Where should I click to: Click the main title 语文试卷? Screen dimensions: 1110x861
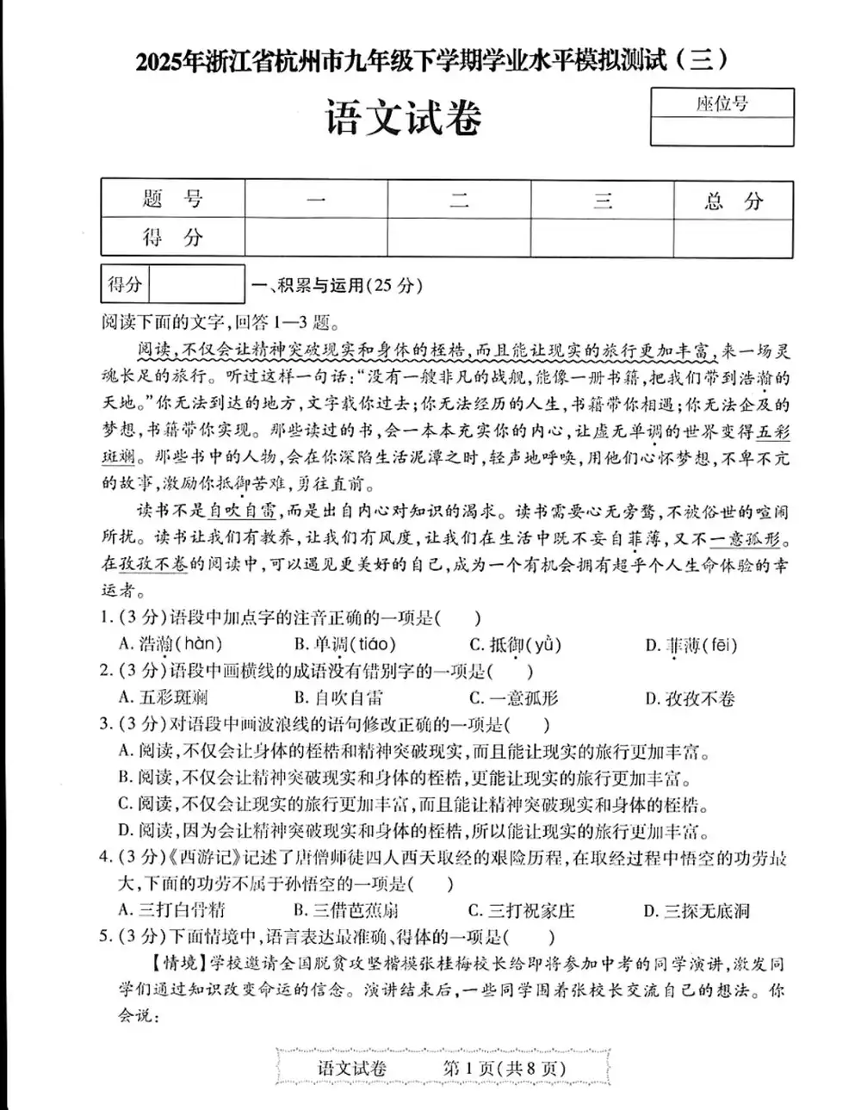[402, 119]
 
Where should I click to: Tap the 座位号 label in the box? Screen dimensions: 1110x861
[722, 104]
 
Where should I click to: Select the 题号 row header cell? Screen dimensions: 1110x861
[172, 200]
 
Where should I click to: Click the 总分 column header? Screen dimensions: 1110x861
[733, 202]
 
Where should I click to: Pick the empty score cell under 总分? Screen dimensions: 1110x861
[733, 238]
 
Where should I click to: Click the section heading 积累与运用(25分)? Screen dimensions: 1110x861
[336, 286]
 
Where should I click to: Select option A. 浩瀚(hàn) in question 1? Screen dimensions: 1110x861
[170, 644]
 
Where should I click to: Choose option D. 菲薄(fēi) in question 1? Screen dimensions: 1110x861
[691, 645]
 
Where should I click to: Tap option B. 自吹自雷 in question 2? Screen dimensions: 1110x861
[338, 698]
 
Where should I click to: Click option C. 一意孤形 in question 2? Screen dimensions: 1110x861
[513, 698]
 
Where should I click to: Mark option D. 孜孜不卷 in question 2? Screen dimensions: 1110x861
[690, 698]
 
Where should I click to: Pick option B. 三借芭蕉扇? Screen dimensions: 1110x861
[345, 910]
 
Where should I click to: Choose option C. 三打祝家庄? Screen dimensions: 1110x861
[521, 910]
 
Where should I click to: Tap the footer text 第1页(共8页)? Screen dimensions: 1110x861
[504, 1069]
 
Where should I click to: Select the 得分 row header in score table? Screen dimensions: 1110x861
[172, 238]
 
